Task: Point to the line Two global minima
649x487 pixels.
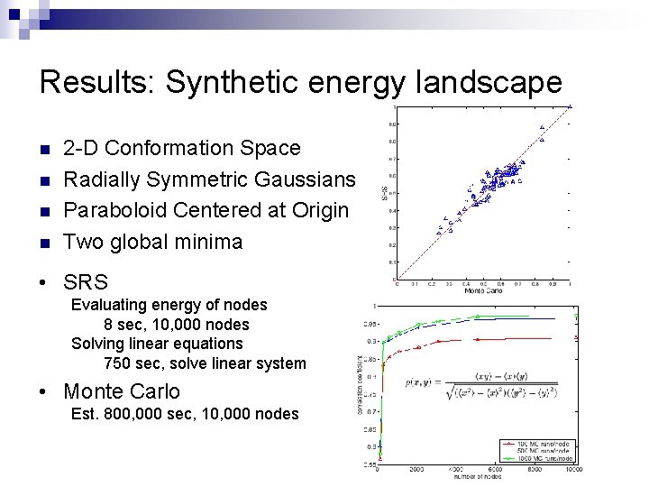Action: (153, 242)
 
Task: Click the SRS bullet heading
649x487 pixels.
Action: (86, 281)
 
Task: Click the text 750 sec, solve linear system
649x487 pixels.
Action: (205, 363)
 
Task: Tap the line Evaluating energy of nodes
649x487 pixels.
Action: (169, 305)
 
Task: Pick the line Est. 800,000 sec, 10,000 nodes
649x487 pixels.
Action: (185, 414)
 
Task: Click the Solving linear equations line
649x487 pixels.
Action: (157, 344)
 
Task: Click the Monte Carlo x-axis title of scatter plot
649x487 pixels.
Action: (482, 290)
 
